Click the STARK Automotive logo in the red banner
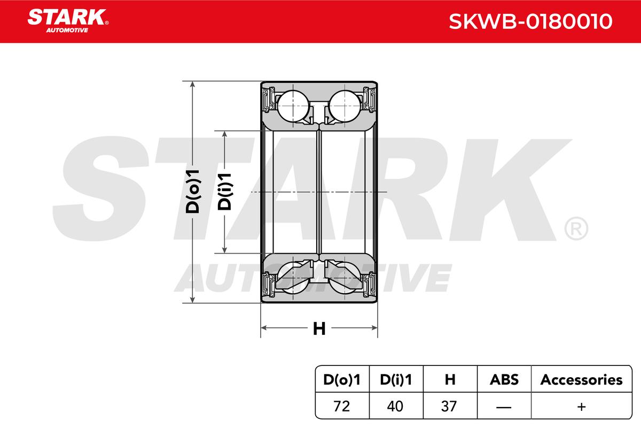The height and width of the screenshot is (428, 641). [68, 21]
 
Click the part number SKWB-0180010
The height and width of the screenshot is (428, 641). [530, 21]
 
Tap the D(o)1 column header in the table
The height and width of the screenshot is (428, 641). [342, 380]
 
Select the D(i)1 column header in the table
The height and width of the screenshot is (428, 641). [396, 380]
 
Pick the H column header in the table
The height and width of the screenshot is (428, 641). [450, 380]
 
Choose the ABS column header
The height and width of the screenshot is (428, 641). [504, 380]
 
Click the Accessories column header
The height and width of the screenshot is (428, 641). [581, 380]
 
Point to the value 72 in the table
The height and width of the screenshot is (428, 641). [341, 406]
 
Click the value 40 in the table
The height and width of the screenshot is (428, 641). [395, 406]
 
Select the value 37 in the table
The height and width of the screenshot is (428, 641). [449, 406]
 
